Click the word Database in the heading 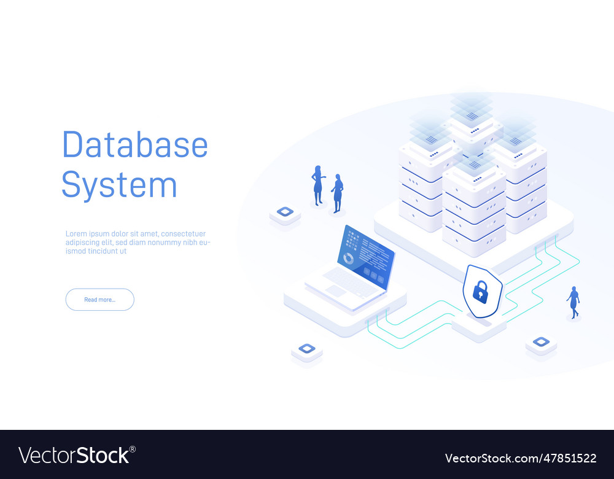[135, 145]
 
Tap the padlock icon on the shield [481, 292]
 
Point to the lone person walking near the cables [573, 302]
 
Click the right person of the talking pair [337, 193]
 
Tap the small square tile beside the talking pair [285, 212]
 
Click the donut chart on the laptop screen [348, 259]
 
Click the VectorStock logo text [74, 456]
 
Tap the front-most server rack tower [474, 209]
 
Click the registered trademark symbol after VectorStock [133, 449]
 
